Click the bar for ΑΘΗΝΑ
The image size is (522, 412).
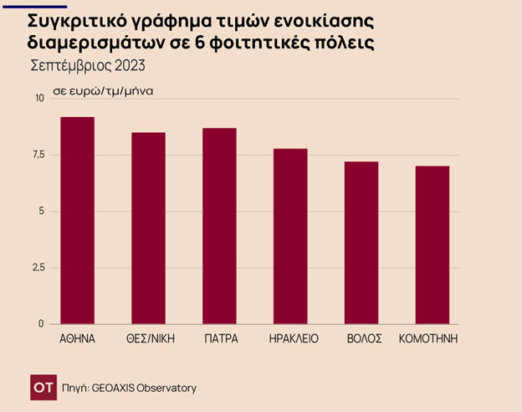click(x=77, y=221)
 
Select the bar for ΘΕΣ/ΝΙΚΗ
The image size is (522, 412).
click(x=148, y=228)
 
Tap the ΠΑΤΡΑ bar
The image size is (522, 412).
click(x=219, y=226)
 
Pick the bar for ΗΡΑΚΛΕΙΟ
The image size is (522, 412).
click(x=290, y=237)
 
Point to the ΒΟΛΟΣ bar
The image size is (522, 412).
click(x=361, y=242)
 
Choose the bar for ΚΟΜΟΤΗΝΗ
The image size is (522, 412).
click(x=432, y=245)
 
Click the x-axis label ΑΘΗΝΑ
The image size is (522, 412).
click(x=77, y=338)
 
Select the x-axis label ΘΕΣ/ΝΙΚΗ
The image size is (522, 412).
click(x=148, y=338)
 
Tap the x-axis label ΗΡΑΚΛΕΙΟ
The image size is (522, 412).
click(x=292, y=338)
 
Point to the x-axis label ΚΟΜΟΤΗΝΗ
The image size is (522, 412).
click(x=432, y=338)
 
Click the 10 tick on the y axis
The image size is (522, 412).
click(x=39, y=99)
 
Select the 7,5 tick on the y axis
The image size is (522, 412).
click(x=37, y=155)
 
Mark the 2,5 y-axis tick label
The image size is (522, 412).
click(x=37, y=267)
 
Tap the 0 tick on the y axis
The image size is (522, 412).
click(x=41, y=323)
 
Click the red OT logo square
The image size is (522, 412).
click(x=43, y=387)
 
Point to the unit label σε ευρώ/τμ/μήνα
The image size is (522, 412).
click(x=103, y=89)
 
